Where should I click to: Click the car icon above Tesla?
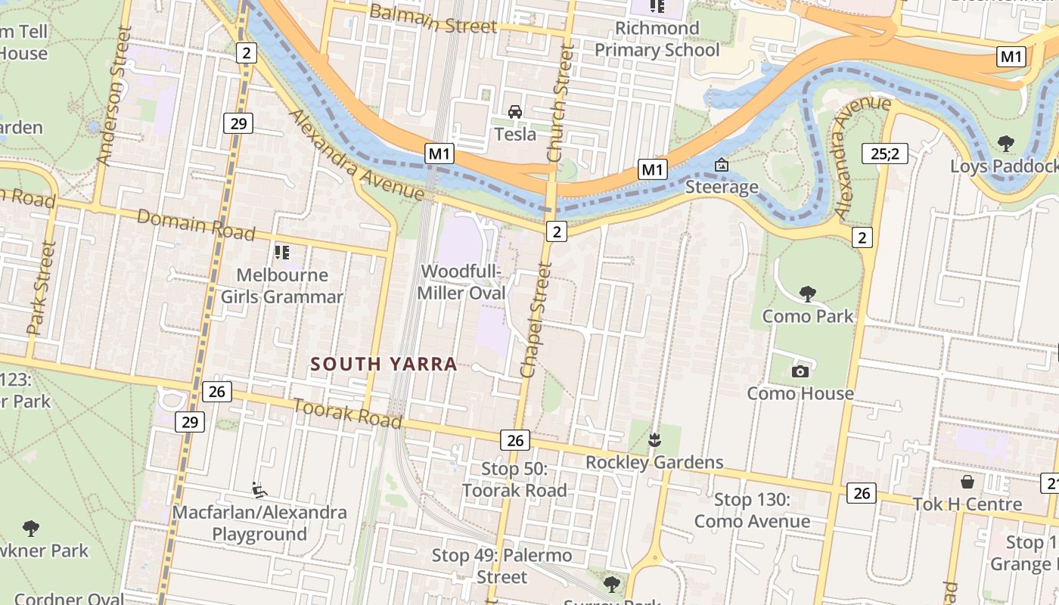515,112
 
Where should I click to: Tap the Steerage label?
722,187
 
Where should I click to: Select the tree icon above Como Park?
808,293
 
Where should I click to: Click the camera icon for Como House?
800,371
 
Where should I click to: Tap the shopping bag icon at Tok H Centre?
967,482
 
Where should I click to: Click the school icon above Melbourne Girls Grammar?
282,252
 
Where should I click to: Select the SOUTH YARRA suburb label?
384,364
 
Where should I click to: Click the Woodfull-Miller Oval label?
463,281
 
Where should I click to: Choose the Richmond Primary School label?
657,39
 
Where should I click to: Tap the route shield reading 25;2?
884,154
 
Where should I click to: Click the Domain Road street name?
196,225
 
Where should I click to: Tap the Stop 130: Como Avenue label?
752,510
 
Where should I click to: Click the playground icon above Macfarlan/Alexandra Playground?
259,490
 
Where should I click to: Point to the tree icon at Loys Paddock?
1005,143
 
